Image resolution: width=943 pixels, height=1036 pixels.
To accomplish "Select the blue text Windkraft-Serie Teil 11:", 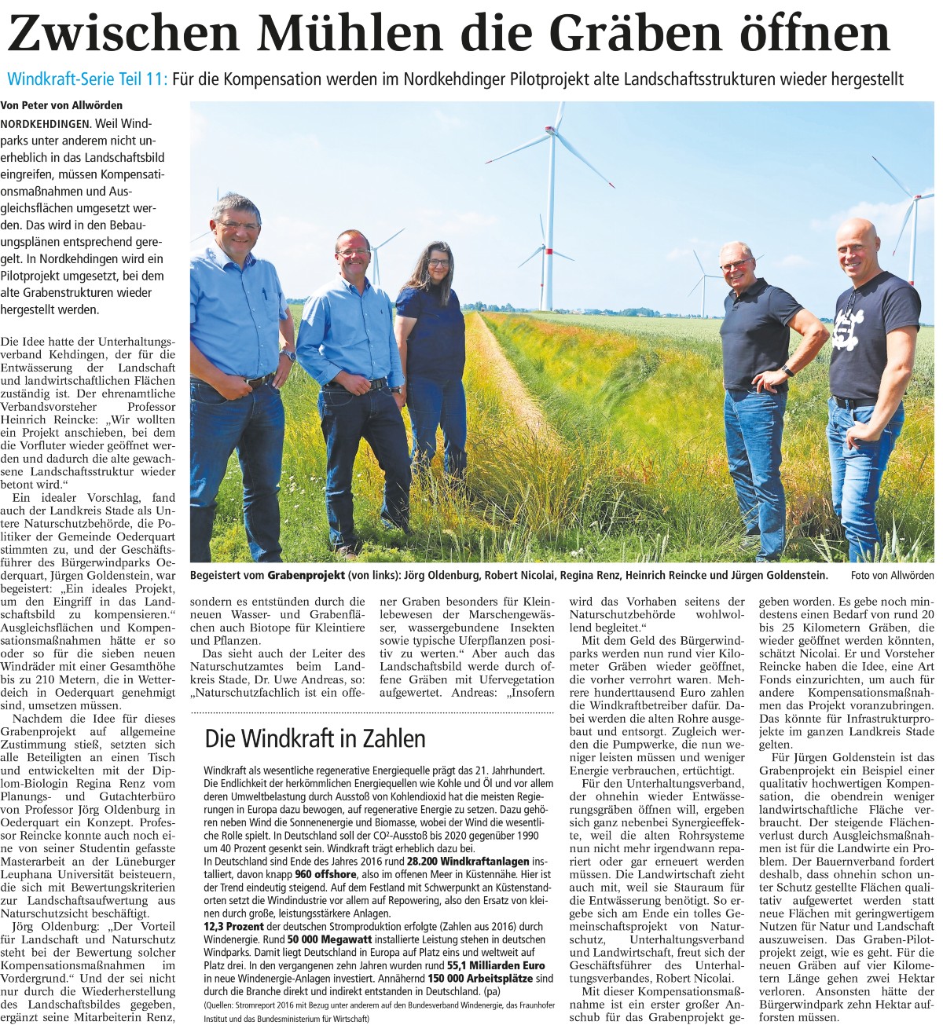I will pyautogui.click(x=87, y=79).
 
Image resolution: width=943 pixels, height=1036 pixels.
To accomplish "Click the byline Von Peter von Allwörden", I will pyautogui.click(x=61, y=105).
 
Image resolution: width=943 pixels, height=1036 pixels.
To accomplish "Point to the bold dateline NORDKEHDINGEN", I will pyautogui.click(x=46, y=124).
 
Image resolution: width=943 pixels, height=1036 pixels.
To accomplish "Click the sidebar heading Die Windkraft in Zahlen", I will pyautogui.click(x=314, y=738).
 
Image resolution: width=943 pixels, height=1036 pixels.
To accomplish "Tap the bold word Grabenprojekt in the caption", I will pyautogui.click(x=306, y=576).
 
